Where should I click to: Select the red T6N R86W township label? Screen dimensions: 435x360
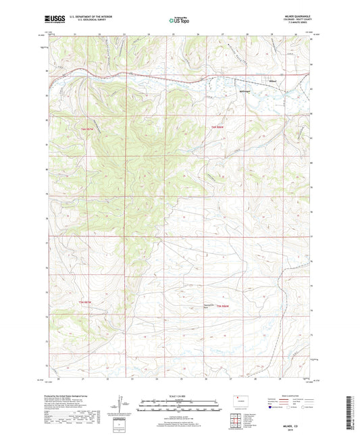pyautogui.click(x=215, y=128)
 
